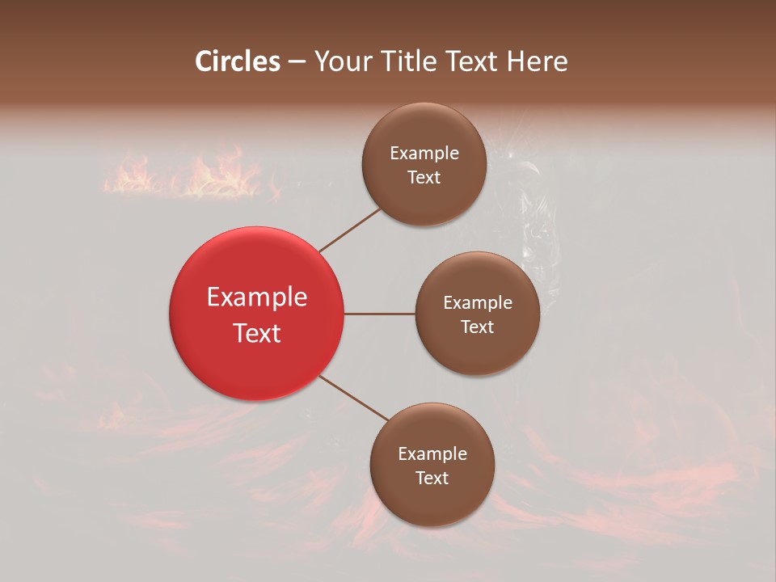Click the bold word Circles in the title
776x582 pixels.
click(x=238, y=61)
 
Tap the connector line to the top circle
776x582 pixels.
click(x=349, y=230)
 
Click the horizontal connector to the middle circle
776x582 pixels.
click(x=380, y=314)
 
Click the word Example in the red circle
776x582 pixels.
click(x=257, y=297)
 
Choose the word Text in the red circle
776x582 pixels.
click(x=257, y=333)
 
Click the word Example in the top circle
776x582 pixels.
click(x=424, y=153)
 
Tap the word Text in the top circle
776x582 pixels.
click(x=424, y=177)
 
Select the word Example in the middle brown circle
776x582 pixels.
click(x=478, y=302)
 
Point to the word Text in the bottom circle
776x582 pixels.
click(x=432, y=478)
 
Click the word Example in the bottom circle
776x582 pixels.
click(x=432, y=453)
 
